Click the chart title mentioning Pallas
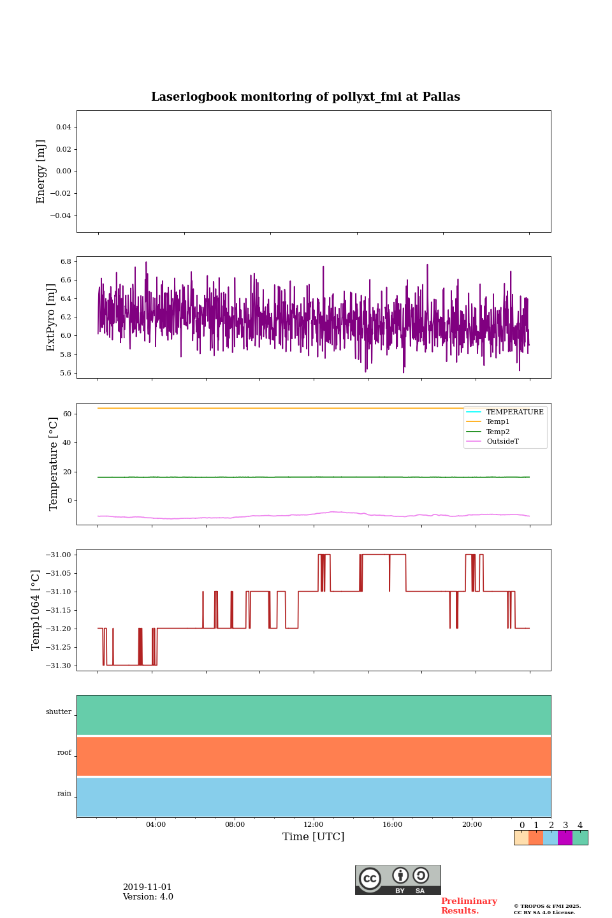[305, 97]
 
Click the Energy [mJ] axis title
[41, 171]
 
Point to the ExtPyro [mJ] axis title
[52, 317]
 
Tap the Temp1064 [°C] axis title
[36, 610]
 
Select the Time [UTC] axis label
[313, 836]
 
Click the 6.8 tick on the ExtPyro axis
[66, 262]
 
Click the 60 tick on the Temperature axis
[67, 414]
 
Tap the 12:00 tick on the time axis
[314, 824]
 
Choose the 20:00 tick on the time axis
[472, 824]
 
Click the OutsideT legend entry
[502, 442]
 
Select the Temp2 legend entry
[498, 432]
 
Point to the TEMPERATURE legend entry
[514, 412]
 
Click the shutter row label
[59, 712]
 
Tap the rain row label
[64, 794]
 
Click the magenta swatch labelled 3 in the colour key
[565, 838]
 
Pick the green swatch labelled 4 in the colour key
[580, 838]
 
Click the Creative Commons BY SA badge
[398, 880]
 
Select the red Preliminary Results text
[469, 906]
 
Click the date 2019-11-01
[147, 887]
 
